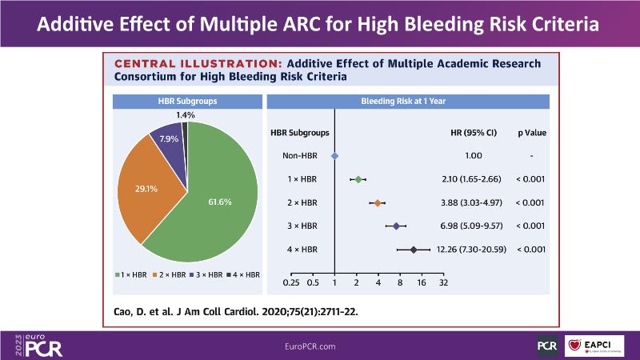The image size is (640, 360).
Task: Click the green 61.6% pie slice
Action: [x=216, y=200]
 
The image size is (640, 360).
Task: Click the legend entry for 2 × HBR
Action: [x=171, y=274]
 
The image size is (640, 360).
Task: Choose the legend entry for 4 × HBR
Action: [x=242, y=274]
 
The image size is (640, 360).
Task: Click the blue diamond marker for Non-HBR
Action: [x=334, y=156]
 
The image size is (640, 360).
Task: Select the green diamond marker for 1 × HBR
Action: [x=358, y=179]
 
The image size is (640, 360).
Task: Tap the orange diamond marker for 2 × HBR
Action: [x=378, y=203]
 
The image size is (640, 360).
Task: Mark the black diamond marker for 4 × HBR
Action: [x=414, y=250]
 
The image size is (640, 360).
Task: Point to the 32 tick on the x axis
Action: [x=443, y=282]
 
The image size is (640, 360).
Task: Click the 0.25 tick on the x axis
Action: [x=292, y=282]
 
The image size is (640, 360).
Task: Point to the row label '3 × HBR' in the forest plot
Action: [x=302, y=226]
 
